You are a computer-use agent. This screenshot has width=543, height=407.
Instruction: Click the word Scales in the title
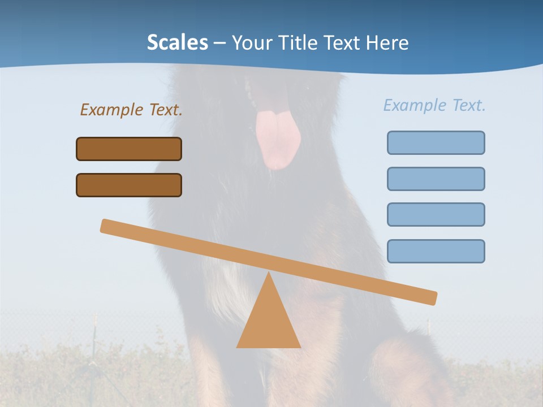(177, 42)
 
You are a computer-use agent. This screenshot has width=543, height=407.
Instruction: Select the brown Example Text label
(131, 110)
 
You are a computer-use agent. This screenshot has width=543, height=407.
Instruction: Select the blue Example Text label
(434, 105)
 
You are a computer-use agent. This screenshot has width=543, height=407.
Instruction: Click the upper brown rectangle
(129, 149)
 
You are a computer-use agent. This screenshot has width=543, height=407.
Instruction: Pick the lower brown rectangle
(129, 185)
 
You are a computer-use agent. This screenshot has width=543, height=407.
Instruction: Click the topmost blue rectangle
(436, 142)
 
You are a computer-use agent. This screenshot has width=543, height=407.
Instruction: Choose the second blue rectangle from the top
(436, 179)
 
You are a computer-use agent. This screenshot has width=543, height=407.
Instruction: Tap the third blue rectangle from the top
(436, 214)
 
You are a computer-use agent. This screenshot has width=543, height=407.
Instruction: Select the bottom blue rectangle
(436, 251)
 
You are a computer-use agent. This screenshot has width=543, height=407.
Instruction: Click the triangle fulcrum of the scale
(268, 322)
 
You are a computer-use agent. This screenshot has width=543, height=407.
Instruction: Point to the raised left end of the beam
(107, 226)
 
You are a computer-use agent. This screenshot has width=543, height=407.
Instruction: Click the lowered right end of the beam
(430, 297)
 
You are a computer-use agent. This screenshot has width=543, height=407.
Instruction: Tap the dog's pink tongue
(277, 138)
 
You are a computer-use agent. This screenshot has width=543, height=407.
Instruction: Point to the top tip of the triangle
(269, 275)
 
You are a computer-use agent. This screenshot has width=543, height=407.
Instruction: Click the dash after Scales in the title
(220, 43)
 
